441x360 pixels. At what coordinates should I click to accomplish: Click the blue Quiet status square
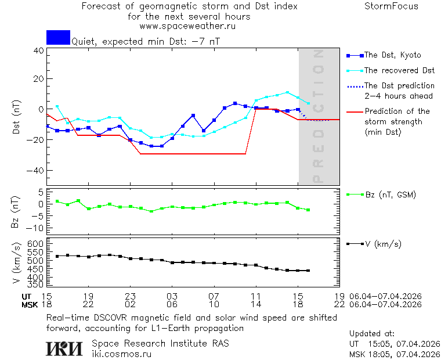click(x=58, y=37)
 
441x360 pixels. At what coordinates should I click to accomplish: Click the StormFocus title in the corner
click(x=391, y=6)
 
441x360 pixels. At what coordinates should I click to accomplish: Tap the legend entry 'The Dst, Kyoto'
click(x=392, y=55)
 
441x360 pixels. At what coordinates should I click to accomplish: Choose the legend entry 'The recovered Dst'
click(x=399, y=70)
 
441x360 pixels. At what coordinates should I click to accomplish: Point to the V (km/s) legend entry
click(x=382, y=244)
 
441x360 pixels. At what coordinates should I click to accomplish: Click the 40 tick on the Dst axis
click(x=38, y=51)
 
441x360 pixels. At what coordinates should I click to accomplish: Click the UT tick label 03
click(x=172, y=296)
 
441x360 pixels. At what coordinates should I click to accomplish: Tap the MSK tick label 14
click(x=255, y=304)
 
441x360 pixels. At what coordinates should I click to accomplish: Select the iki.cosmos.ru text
click(x=121, y=353)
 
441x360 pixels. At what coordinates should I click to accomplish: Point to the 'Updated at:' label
click(x=371, y=334)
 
